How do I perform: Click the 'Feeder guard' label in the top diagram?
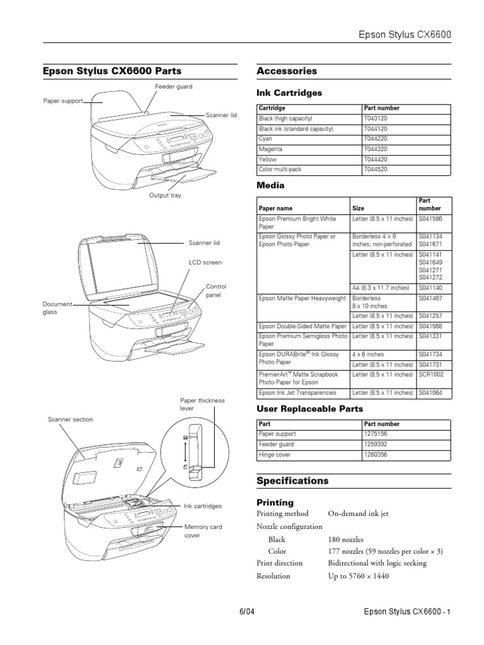pyautogui.click(x=173, y=86)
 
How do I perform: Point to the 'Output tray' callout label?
pyautogui.click(x=164, y=195)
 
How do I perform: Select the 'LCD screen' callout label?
pyautogui.click(x=205, y=262)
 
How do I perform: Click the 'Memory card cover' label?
pyautogui.click(x=202, y=531)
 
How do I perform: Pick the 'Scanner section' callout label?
pyautogui.click(x=70, y=420)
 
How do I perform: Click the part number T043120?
pyautogui.click(x=377, y=118)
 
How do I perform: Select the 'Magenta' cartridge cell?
pyautogui.click(x=271, y=149)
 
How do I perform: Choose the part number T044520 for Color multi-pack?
pyautogui.click(x=377, y=170)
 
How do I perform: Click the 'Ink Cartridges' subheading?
pyautogui.click(x=289, y=93)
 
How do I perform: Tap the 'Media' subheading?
pyautogui.click(x=270, y=185)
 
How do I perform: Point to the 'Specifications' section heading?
pyautogui.click(x=292, y=481)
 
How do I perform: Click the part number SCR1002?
pyautogui.click(x=432, y=374)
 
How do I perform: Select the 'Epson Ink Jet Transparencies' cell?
pyautogui.click(x=297, y=392)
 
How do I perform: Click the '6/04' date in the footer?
pyautogui.click(x=246, y=612)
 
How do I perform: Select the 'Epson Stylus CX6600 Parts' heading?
pyautogui.click(x=112, y=71)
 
